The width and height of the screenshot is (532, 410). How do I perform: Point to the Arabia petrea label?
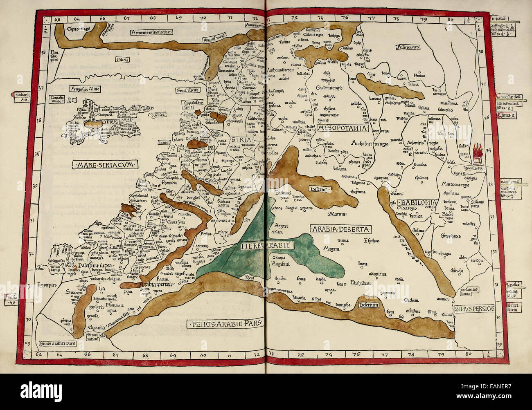coord(156,283)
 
